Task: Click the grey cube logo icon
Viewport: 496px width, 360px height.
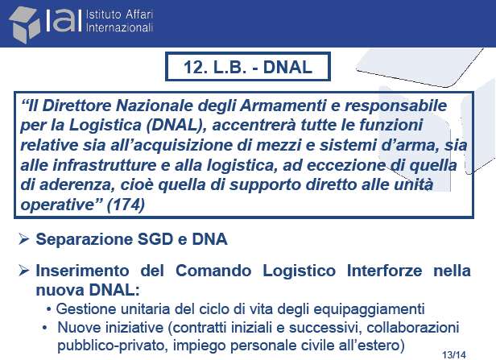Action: (25, 25)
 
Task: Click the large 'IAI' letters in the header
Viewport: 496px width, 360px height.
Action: (64, 21)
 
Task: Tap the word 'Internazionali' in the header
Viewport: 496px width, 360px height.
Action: (119, 27)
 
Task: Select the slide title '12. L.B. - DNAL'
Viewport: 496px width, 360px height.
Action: (248, 67)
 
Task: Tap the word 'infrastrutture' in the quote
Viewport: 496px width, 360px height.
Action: (105, 165)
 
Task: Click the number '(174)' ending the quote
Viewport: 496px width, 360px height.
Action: (126, 205)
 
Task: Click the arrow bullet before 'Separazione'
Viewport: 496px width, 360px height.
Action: (24, 239)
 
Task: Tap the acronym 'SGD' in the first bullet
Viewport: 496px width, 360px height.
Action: (155, 239)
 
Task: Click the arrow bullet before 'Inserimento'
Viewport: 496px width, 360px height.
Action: (24, 271)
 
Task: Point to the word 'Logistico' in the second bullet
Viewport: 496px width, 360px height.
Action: (300, 271)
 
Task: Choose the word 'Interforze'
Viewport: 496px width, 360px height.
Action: (384, 271)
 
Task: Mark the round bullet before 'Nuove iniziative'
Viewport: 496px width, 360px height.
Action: (45, 328)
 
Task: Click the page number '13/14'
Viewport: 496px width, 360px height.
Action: (455, 355)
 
